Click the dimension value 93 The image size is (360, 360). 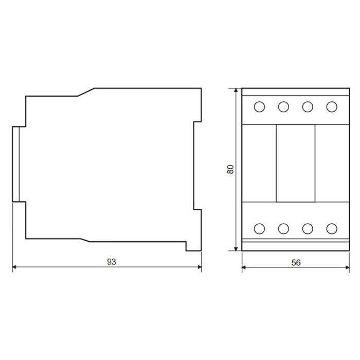112,262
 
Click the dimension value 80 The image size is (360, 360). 230,169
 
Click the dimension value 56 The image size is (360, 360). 296,262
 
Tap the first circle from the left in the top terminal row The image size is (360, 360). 259,107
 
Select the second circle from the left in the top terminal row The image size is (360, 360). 283,107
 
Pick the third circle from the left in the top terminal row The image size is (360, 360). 308,107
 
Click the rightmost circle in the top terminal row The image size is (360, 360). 332,107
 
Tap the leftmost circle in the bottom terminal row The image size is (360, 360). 259,229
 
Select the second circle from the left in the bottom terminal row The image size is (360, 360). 283,229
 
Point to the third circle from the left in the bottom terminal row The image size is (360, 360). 308,229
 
